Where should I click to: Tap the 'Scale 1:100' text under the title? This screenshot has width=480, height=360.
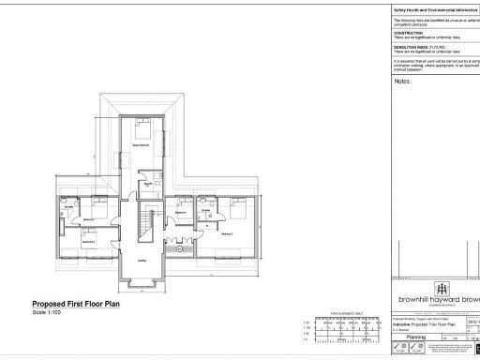pyautogui.click(x=52, y=313)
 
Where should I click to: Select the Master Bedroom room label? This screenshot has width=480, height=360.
pyautogui.click(x=142, y=145)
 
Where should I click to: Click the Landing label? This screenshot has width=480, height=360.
pyautogui.click(x=142, y=262)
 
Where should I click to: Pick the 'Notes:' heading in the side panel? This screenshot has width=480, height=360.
pyautogui.click(x=404, y=82)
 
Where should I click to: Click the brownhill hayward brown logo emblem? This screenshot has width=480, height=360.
pyautogui.click(x=441, y=288)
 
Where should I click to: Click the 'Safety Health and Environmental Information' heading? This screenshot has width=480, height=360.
pyautogui.click(x=435, y=7)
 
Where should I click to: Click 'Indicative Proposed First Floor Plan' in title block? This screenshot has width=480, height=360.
pyautogui.click(x=427, y=322)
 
